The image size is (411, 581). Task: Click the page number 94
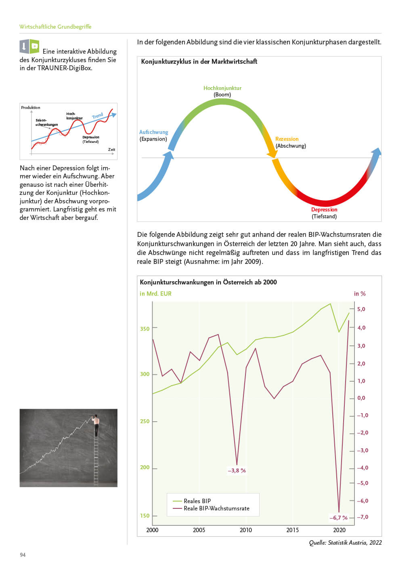(x=23, y=555)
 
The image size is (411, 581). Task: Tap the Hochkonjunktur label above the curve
(x=222, y=88)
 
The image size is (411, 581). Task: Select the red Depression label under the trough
(x=324, y=209)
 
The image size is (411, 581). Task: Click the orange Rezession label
(x=287, y=139)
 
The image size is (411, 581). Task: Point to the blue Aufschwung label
(x=153, y=132)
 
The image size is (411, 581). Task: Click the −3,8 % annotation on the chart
(x=237, y=470)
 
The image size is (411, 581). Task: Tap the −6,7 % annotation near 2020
(x=338, y=518)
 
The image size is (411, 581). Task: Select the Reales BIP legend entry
(x=197, y=501)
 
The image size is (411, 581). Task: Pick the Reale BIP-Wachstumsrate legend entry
(x=216, y=508)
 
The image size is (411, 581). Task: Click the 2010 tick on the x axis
(x=245, y=530)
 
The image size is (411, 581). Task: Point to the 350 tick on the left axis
(x=145, y=328)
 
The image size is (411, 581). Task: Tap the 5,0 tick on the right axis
(x=361, y=309)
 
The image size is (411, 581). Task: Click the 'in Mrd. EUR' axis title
(x=155, y=293)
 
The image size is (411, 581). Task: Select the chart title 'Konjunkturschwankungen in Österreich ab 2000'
(x=208, y=282)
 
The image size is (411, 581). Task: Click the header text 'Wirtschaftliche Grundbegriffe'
(x=55, y=27)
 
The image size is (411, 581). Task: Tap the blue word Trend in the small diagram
(x=97, y=116)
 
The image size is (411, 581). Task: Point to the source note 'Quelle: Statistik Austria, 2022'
(x=345, y=543)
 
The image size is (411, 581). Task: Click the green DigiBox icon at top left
(x=35, y=46)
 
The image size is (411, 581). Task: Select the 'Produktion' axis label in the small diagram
(x=31, y=107)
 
